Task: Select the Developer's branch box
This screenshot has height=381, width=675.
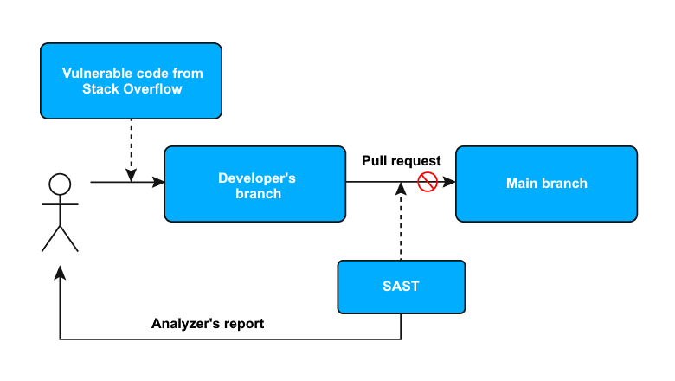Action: pos(255,184)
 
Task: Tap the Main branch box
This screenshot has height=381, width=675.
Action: pos(546,184)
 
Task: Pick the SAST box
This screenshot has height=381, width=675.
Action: pos(401,287)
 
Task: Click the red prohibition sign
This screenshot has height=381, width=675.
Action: pos(427,183)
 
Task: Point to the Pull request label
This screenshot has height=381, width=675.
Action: pos(401,161)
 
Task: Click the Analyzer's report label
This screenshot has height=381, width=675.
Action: pos(208,324)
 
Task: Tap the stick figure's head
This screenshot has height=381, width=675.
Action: pos(60,184)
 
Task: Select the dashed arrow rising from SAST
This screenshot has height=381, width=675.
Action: pos(401,225)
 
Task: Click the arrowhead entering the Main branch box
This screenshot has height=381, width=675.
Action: pos(449,183)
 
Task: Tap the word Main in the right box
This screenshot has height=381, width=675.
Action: pos(523,184)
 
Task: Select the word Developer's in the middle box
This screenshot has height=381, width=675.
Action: pos(256,178)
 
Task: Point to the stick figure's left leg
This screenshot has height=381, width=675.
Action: pos(50,238)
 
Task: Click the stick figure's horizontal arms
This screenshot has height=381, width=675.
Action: pos(60,204)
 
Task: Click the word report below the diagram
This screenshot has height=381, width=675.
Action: pos(241,324)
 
